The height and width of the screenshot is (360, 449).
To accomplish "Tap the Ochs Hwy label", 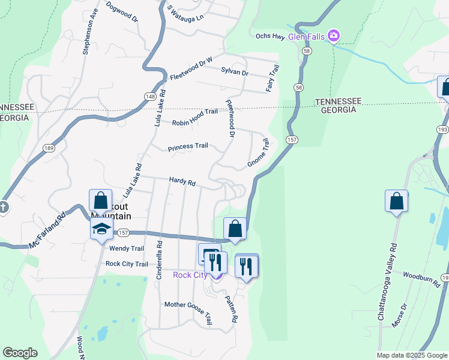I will (x=270, y=36).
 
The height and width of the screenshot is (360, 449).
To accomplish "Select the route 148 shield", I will (x=150, y=96).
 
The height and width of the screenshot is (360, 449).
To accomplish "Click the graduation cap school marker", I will (x=101, y=229).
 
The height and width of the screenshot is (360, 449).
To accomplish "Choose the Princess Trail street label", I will (x=188, y=146).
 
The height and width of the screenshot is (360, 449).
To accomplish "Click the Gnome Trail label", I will (x=258, y=154).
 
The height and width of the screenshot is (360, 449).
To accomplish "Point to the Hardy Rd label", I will (x=182, y=181).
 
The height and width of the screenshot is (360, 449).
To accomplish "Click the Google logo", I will (x=20, y=353).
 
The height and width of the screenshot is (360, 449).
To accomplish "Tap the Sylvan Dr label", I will (x=235, y=71).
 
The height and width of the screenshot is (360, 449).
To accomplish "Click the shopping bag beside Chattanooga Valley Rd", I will (x=396, y=202).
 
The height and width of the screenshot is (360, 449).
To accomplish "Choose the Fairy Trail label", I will (x=273, y=79).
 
